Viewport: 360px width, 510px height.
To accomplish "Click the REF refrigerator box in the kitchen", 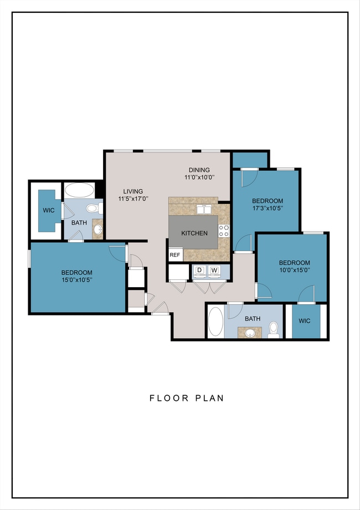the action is [x=176, y=254].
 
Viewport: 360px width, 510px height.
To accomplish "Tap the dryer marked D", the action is [x=200, y=271].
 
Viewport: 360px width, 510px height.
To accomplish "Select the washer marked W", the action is [x=214, y=271].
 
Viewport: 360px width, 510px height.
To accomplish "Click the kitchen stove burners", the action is [x=224, y=230].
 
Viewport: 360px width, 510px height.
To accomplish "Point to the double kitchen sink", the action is [x=204, y=210].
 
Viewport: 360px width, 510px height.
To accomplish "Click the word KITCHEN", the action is [x=194, y=233].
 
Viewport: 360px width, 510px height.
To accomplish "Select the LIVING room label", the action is [x=133, y=191].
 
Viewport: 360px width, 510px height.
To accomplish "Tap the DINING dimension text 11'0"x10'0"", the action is [x=199, y=177].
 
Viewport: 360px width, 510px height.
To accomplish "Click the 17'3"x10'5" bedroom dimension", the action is [x=268, y=208].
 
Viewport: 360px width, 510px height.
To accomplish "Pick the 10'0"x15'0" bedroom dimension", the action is [x=294, y=270].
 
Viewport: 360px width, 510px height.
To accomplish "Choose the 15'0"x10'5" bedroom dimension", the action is [x=76, y=280].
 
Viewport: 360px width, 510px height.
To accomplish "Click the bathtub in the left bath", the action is [x=79, y=190].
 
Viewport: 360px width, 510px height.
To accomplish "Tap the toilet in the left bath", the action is [x=95, y=208].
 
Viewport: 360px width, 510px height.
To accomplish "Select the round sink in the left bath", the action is [x=98, y=229].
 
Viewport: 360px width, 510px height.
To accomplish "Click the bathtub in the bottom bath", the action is [x=215, y=322].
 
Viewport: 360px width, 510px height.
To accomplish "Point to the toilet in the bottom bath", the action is [x=274, y=329].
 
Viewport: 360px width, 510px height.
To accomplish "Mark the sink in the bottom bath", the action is [x=250, y=333].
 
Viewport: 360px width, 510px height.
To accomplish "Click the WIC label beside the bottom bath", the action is [x=305, y=321].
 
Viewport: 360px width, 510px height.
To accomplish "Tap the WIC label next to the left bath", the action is [x=49, y=211].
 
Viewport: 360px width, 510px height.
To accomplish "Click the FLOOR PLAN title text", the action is [x=187, y=398].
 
